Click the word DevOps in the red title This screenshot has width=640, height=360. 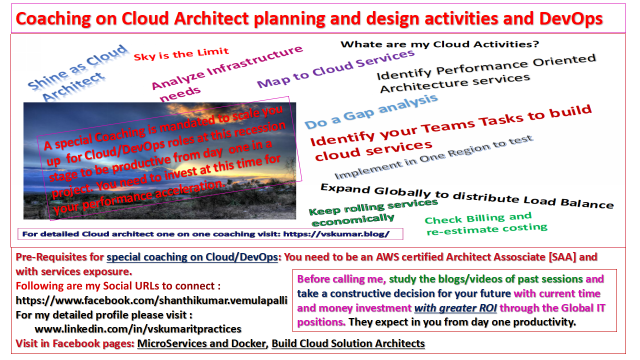point(571,18)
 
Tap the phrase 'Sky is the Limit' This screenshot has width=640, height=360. point(181,53)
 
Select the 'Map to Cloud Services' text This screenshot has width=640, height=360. point(335,68)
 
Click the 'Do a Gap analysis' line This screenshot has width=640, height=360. point(371,111)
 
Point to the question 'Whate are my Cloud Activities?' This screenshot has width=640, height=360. point(440,44)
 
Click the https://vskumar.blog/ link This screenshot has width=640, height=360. point(336,234)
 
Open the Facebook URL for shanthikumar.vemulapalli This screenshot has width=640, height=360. point(151,300)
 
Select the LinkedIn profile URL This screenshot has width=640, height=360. point(138,329)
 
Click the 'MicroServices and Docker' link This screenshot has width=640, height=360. point(201,343)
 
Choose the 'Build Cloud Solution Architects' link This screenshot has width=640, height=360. point(348,343)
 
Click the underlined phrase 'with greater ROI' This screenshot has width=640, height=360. point(455,308)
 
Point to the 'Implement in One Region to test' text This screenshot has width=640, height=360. point(433,157)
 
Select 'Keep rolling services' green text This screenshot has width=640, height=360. point(373,207)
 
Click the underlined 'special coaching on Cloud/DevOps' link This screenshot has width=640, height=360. point(192,257)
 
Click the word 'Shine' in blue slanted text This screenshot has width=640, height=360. point(47,80)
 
